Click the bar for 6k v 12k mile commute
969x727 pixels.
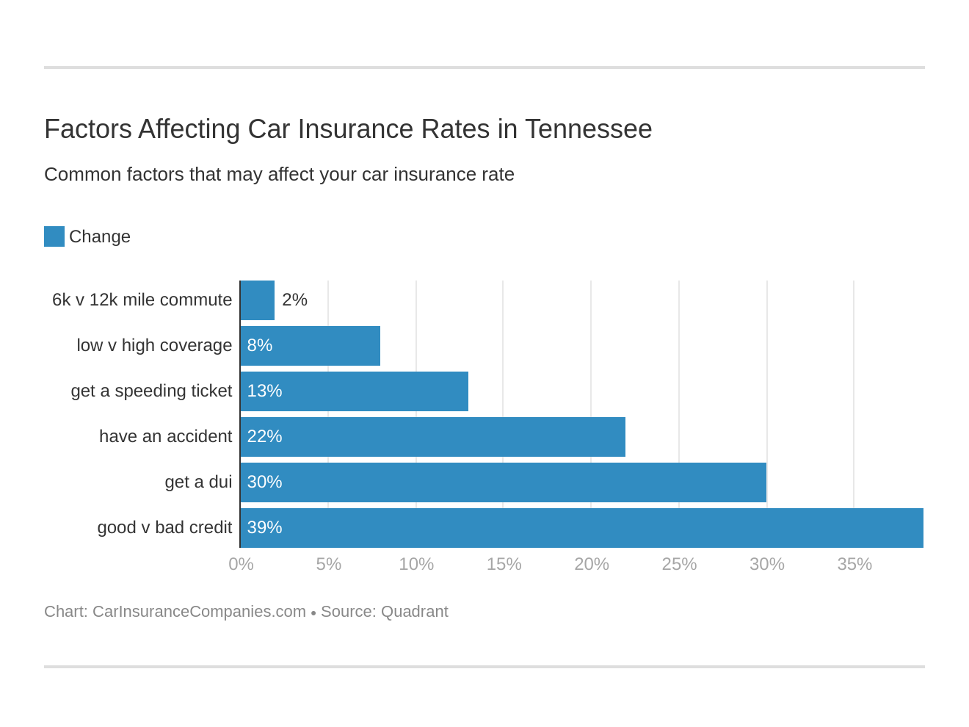(258, 300)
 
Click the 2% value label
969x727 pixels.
(294, 300)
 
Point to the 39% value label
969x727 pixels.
(264, 527)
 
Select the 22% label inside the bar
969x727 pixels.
(264, 436)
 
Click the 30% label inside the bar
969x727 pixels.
(264, 482)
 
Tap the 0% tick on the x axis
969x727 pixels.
(241, 564)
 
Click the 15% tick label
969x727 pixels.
(504, 564)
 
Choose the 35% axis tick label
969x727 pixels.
(854, 564)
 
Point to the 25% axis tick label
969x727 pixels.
(679, 564)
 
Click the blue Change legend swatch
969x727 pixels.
(54, 236)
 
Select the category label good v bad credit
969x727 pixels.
(164, 527)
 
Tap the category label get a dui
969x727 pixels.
(198, 482)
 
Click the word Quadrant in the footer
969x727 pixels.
(414, 612)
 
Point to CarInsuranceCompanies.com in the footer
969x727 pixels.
(199, 612)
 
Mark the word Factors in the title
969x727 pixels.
(87, 129)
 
